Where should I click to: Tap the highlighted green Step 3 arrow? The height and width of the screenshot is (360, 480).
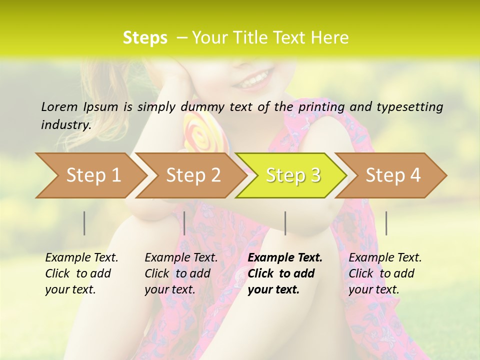click(293, 175)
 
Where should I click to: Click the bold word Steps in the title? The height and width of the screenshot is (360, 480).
click(145, 38)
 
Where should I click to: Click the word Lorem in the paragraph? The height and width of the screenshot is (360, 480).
click(58, 106)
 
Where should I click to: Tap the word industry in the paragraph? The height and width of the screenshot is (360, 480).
click(66, 125)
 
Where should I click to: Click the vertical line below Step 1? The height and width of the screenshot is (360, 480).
click(84, 223)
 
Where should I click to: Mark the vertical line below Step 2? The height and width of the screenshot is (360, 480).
click(184, 223)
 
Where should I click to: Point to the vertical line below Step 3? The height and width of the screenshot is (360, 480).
click(285, 223)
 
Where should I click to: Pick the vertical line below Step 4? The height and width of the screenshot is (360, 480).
click(386, 223)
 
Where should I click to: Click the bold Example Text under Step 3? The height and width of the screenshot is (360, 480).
click(285, 258)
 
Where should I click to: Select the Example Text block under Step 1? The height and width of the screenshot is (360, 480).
click(81, 273)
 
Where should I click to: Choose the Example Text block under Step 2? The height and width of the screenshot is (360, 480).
click(181, 273)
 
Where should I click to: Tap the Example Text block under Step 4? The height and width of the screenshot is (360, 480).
click(385, 273)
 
